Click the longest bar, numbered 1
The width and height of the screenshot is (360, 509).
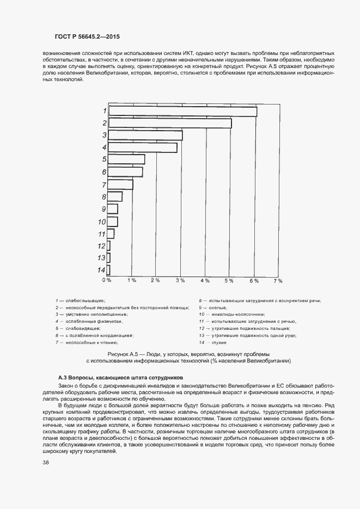tap(182, 111)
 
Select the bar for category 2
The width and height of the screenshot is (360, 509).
tap(170, 123)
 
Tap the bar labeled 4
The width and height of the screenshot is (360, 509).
tap(143, 148)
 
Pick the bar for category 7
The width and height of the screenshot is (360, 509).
tap(120, 185)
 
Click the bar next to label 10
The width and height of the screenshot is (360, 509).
tap(113, 222)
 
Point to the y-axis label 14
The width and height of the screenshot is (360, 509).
tap(101, 270)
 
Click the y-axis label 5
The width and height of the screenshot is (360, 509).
tap(103, 160)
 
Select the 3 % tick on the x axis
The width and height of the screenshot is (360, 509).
tap(180, 280)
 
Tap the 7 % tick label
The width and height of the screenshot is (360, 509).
tap(277, 280)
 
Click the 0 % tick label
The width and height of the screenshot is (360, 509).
tap(107, 280)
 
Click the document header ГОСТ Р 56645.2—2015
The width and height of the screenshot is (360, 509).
tap(87, 36)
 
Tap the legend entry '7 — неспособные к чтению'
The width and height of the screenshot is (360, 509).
tap(87, 343)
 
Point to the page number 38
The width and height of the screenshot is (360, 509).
tap(45, 463)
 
